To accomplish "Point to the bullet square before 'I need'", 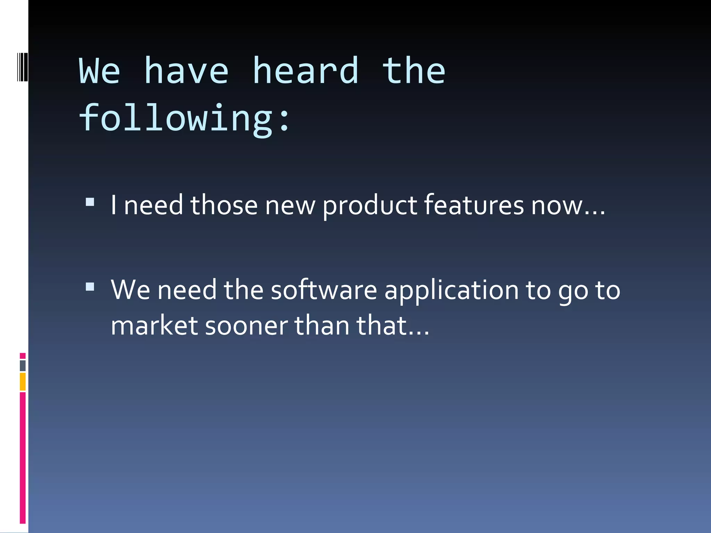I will (90, 202).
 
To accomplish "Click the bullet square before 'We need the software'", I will (90, 287).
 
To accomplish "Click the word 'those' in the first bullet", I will (224, 205).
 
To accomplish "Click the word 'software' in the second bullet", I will (324, 290).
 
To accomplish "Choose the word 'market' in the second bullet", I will (154, 326).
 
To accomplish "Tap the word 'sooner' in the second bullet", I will (246, 327).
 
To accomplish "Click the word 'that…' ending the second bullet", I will (393, 326).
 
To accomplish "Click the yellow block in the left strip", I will (23, 381).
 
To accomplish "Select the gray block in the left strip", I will (23, 365).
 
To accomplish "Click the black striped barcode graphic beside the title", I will (23, 67).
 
